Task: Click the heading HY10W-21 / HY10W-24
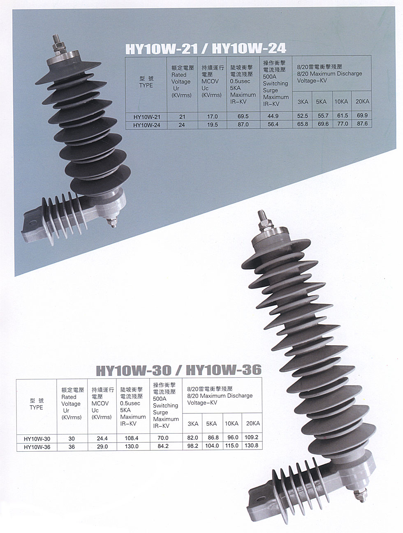coord(206,49)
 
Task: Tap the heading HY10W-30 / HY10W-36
coord(179,371)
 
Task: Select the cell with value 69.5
coord(243,116)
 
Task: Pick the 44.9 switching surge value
coord(273,116)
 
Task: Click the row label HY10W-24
coord(147,125)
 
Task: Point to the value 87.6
coord(362,123)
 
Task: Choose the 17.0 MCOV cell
coord(212,117)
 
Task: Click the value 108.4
coord(132,438)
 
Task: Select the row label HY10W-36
coord(37,447)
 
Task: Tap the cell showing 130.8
coord(251,445)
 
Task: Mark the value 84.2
coord(163,446)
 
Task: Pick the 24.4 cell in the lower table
coord(102,438)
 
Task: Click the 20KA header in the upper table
coord(362,102)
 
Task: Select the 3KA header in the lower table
coord(193,424)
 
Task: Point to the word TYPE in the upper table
coord(146,85)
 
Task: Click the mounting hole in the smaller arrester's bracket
coord(32,222)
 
